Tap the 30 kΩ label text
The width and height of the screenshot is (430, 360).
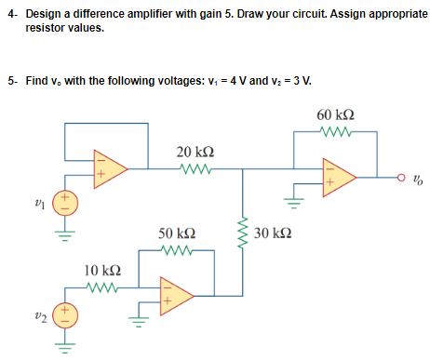(x=273, y=232)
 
